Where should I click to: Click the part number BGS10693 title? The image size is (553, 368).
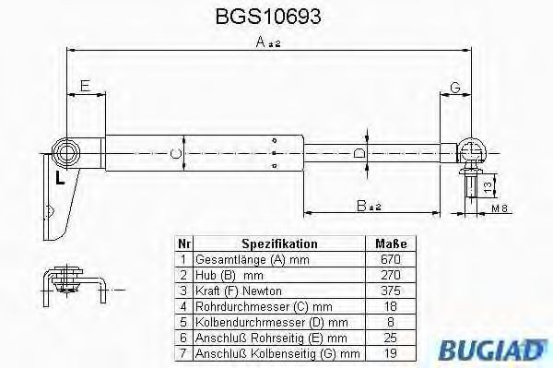click(x=268, y=17)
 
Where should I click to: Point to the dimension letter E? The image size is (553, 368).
click(x=86, y=86)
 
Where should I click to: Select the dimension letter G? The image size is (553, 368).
click(x=455, y=87)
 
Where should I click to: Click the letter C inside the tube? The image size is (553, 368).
click(x=176, y=154)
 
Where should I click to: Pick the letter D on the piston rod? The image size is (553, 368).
click(x=359, y=154)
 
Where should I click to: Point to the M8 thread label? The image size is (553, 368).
click(x=500, y=208)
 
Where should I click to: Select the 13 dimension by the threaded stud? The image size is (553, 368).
click(x=488, y=186)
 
